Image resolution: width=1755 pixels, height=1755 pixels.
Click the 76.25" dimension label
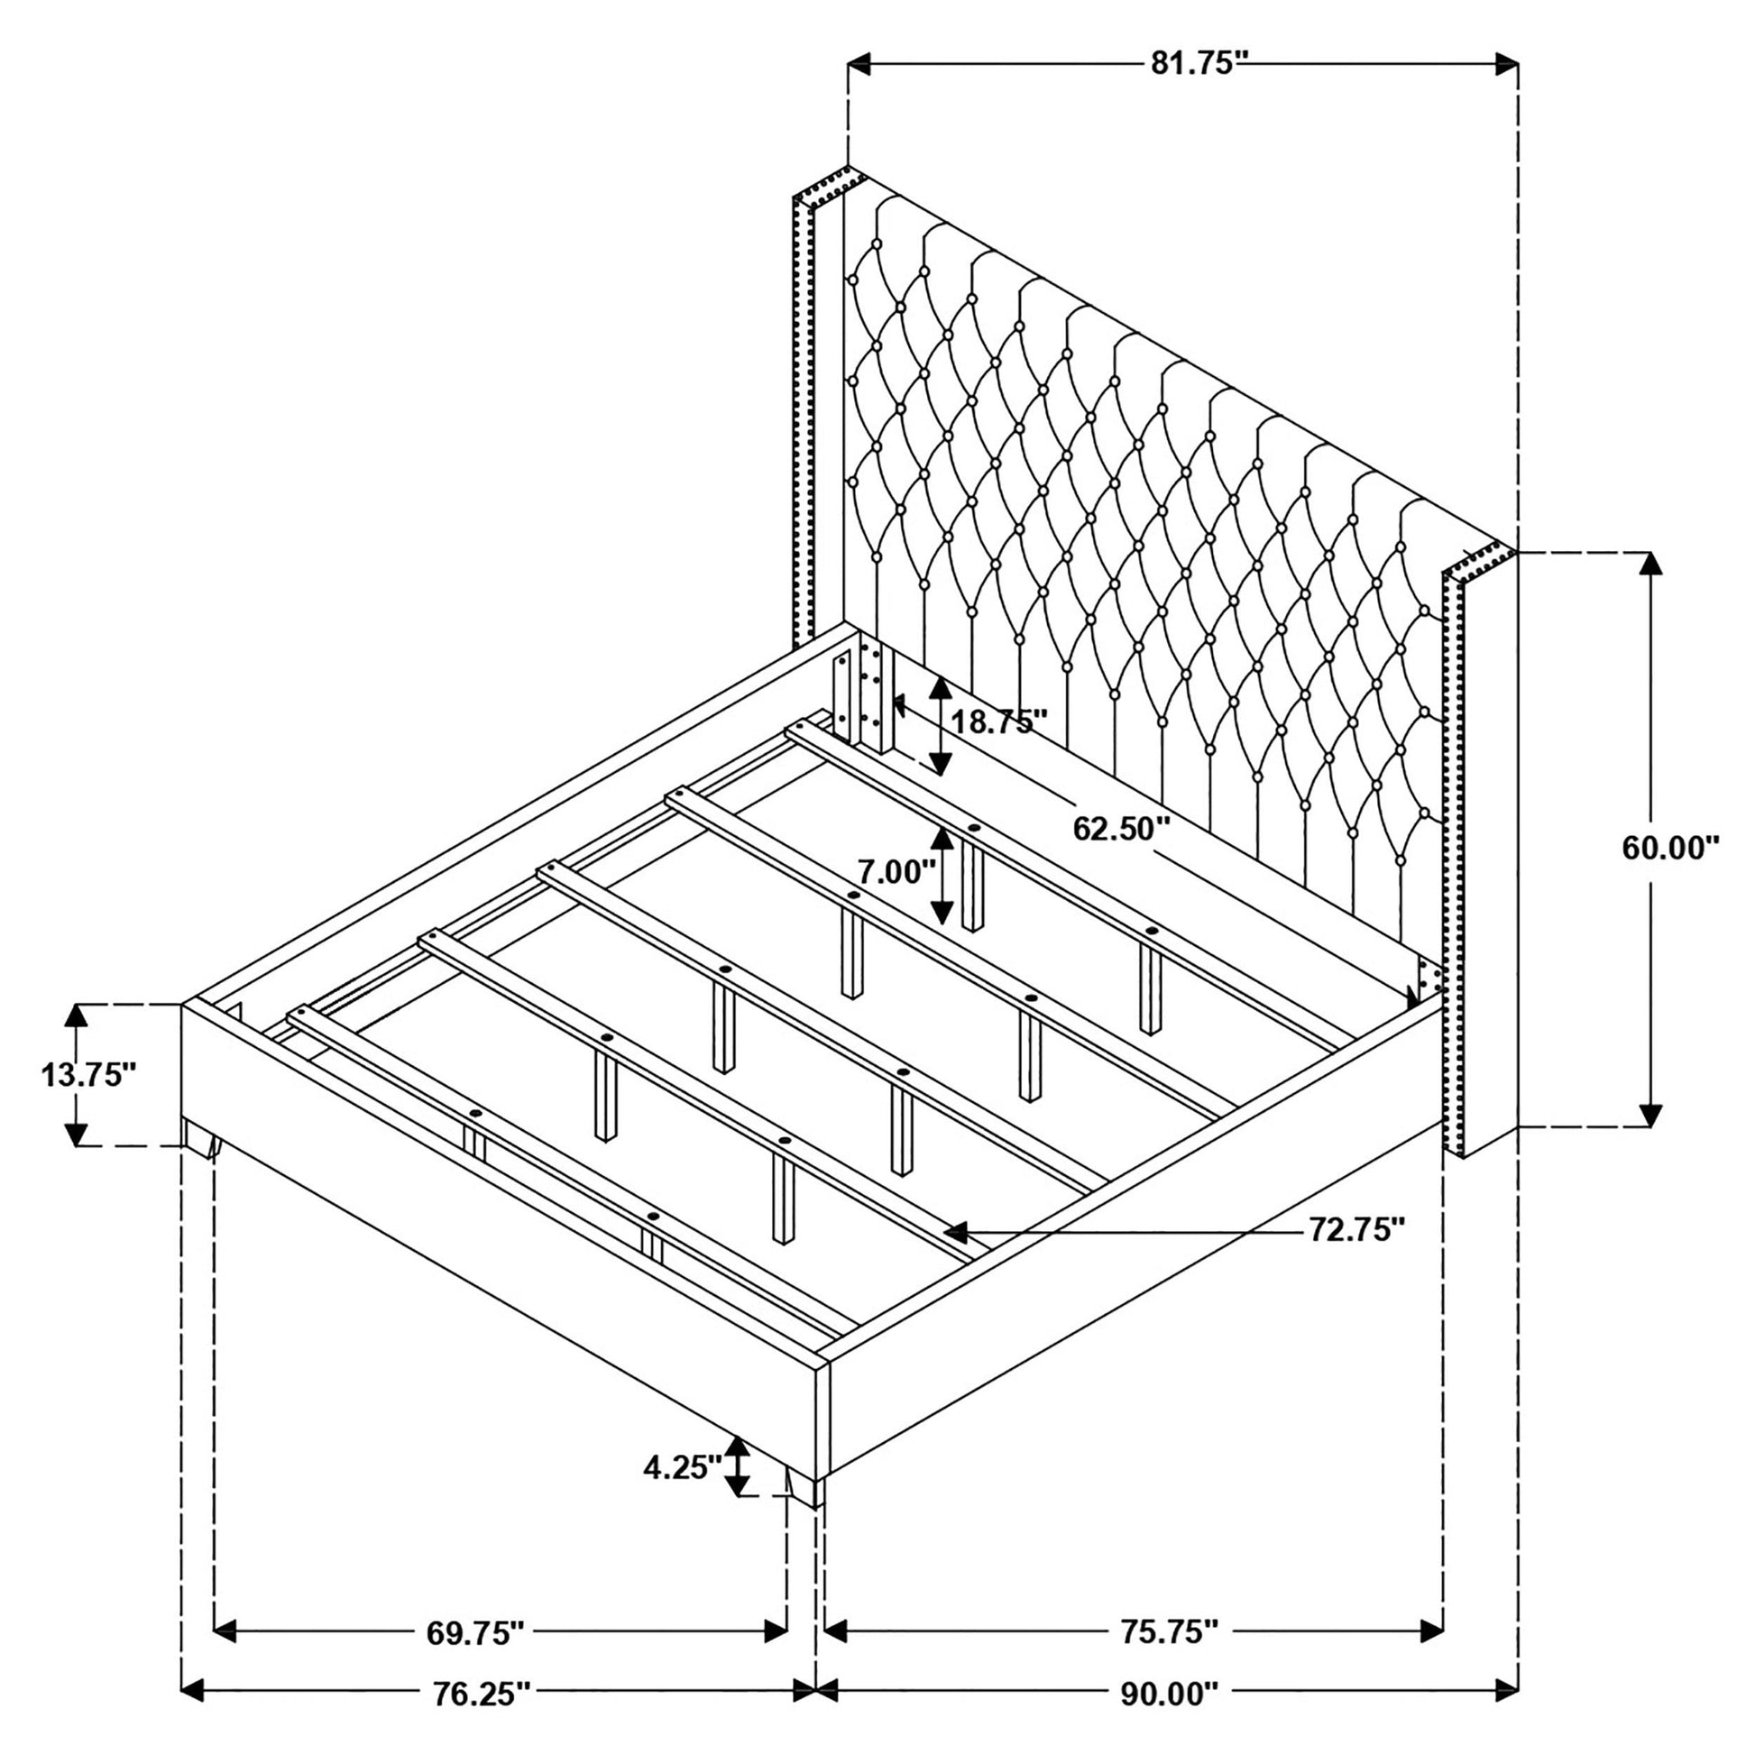[480, 1692]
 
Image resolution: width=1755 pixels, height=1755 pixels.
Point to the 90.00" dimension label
[1167, 1692]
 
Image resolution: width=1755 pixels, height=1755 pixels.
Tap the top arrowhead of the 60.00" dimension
[1651, 565]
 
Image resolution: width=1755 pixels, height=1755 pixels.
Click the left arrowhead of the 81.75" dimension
[860, 64]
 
